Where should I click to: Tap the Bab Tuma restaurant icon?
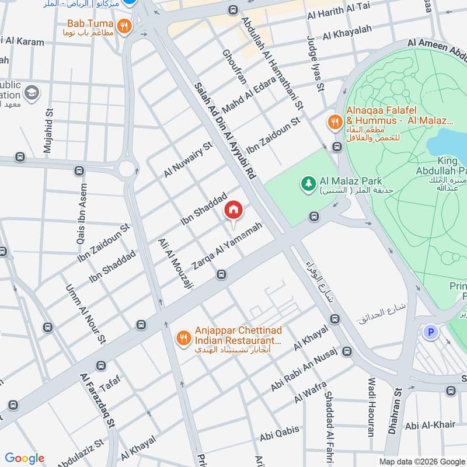(x=123, y=26)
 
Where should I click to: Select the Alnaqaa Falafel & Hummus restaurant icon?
(x=334, y=121)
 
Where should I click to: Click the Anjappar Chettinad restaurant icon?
(x=184, y=337)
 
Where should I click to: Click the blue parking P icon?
(x=431, y=332)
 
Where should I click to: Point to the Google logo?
(x=25, y=458)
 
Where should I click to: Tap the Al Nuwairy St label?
(x=188, y=159)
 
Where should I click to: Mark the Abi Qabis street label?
(x=280, y=433)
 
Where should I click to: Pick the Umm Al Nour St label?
(x=85, y=313)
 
